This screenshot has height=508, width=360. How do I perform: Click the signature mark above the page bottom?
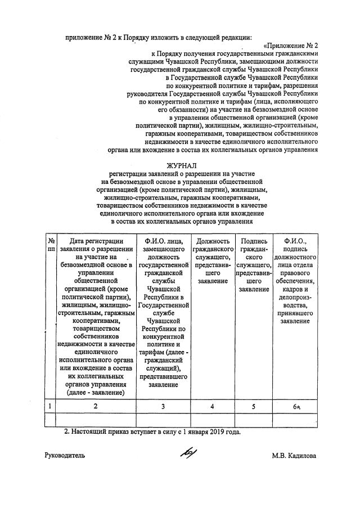tap(187, 455)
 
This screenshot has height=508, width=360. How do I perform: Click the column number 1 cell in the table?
tap(51, 406)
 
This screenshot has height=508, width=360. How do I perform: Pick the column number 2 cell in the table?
tap(96, 406)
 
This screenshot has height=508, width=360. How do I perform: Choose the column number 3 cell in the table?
tap(163, 406)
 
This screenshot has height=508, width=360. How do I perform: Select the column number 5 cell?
tap(254, 406)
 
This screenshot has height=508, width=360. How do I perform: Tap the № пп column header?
tap(51, 245)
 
